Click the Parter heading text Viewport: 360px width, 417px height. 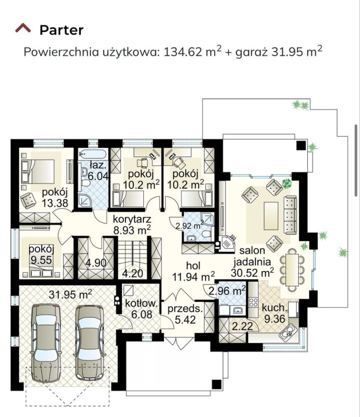[x=61, y=30]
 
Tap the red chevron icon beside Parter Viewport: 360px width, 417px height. [x=23, y=28]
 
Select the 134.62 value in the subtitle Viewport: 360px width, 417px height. [x=183, y=52]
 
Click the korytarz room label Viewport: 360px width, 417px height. [x=132, y=219]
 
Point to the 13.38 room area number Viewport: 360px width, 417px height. [x=55, y=203]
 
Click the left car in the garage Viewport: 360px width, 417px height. [x=46, y=343]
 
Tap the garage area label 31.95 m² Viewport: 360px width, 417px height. [x=70, y=295]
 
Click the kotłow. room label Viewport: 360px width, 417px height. [x=141, y=303]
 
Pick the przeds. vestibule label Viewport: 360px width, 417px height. [x=185, y=308]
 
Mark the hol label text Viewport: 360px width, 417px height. [x=193, y=266]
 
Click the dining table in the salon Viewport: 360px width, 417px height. [x=292, y=269]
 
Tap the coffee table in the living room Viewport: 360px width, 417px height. [x=271, y=216]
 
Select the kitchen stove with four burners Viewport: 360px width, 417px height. [x=253, y=303]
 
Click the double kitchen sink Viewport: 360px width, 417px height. [x=287, y=332]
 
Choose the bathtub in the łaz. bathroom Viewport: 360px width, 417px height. [x=93, y=154]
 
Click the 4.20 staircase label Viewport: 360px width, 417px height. [x=133, y=273]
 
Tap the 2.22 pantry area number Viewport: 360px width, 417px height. [x=242, y=326]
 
